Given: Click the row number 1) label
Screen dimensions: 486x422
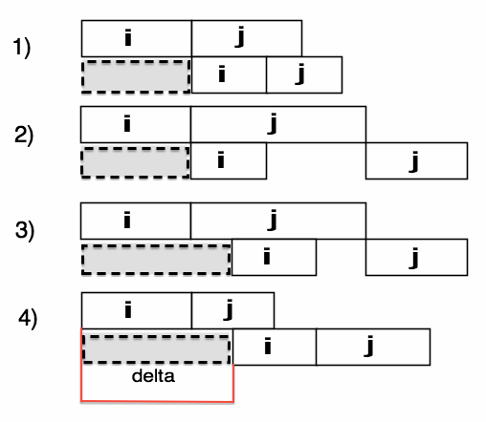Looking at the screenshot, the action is (22, 48).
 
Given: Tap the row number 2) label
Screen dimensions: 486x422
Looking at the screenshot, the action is (24, 136).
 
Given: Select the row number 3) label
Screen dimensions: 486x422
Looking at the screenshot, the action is (25, 231).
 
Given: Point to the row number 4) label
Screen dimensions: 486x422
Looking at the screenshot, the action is (28, 319).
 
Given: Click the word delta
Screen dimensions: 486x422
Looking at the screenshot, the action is (153, 376).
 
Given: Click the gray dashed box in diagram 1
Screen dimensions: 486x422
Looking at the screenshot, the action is (136, 76).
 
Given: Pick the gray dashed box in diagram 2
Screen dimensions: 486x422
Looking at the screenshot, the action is (136, 162).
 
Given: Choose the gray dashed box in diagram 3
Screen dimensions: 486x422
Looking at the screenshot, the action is (156, 260).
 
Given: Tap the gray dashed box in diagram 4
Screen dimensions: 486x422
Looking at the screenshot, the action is (156, 349).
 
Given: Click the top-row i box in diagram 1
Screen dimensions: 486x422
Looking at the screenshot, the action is (137, 38).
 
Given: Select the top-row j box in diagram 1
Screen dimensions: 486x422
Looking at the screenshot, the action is (247, 38).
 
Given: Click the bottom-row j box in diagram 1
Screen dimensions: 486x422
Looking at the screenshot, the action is (304, 75).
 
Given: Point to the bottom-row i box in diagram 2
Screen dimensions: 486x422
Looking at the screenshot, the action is (229, 160).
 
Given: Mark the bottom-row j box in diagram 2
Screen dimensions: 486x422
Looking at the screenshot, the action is (417, 160).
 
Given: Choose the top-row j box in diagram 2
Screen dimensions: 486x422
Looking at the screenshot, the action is (278, 124).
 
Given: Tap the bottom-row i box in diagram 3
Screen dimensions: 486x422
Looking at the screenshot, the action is (274, 257).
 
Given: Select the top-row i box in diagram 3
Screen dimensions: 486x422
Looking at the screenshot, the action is (136, 221).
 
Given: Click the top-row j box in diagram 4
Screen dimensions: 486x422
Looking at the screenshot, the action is (232, 310).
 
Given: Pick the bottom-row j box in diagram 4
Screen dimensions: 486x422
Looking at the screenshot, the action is (373, 347).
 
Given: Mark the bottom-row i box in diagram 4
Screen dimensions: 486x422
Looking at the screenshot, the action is (275, 347).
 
